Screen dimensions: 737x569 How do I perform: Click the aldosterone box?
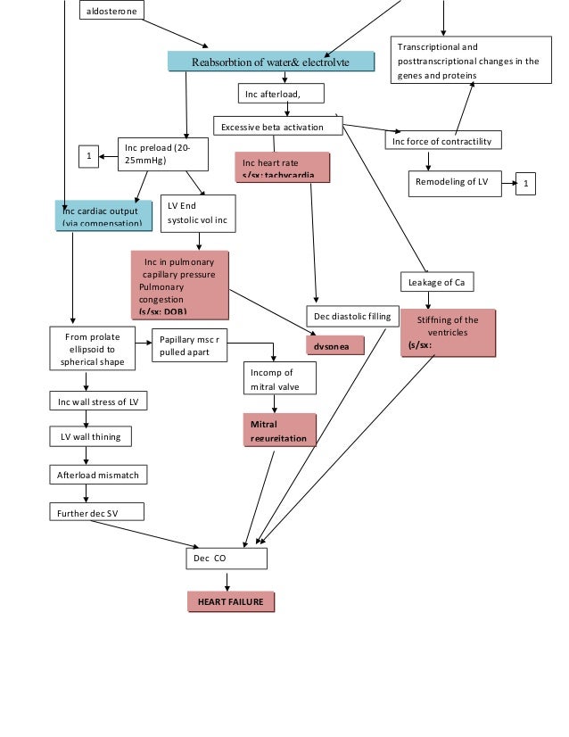pyautogui.click(x=111, y=11)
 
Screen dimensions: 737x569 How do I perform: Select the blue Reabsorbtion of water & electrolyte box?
pyautogui.click(x=270, y=61)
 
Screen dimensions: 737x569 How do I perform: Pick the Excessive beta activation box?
pyautogui.click(x=278, y=127)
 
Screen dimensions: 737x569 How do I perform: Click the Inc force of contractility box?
pyautogui.click(x=442, y=140)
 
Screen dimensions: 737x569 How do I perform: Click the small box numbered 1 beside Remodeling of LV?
pyautogui.click(x=526, y=184)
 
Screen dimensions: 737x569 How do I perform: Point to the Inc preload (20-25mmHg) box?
pyautogui.click(x=162, y=153)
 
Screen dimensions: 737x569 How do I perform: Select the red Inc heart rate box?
pyautogui.click(x=282, y=167)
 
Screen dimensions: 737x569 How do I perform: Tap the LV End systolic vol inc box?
pyautogui.click(x=197, y=213)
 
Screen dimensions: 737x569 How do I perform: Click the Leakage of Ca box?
pyautogui.click(x=436, y=282)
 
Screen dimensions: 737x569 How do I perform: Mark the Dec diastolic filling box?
pyautogui.click(x=351, y=316)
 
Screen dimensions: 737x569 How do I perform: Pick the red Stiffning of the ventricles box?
pyautogui.click(x=447, y=333)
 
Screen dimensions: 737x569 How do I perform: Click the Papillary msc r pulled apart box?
pyautogui.click(x=189, y=346)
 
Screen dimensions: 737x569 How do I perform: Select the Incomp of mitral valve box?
pyautogui.click(x=280, y=377)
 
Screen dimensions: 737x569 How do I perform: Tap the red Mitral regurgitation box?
pyautogui.click(x=279, y=430)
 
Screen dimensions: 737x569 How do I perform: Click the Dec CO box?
pyautogui.click(x=226, y=558)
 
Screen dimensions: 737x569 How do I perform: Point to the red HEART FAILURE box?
pyautogui.click(x=230, y=602)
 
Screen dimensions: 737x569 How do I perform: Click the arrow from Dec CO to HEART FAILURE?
pyautogui.click(x=227, y=580)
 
